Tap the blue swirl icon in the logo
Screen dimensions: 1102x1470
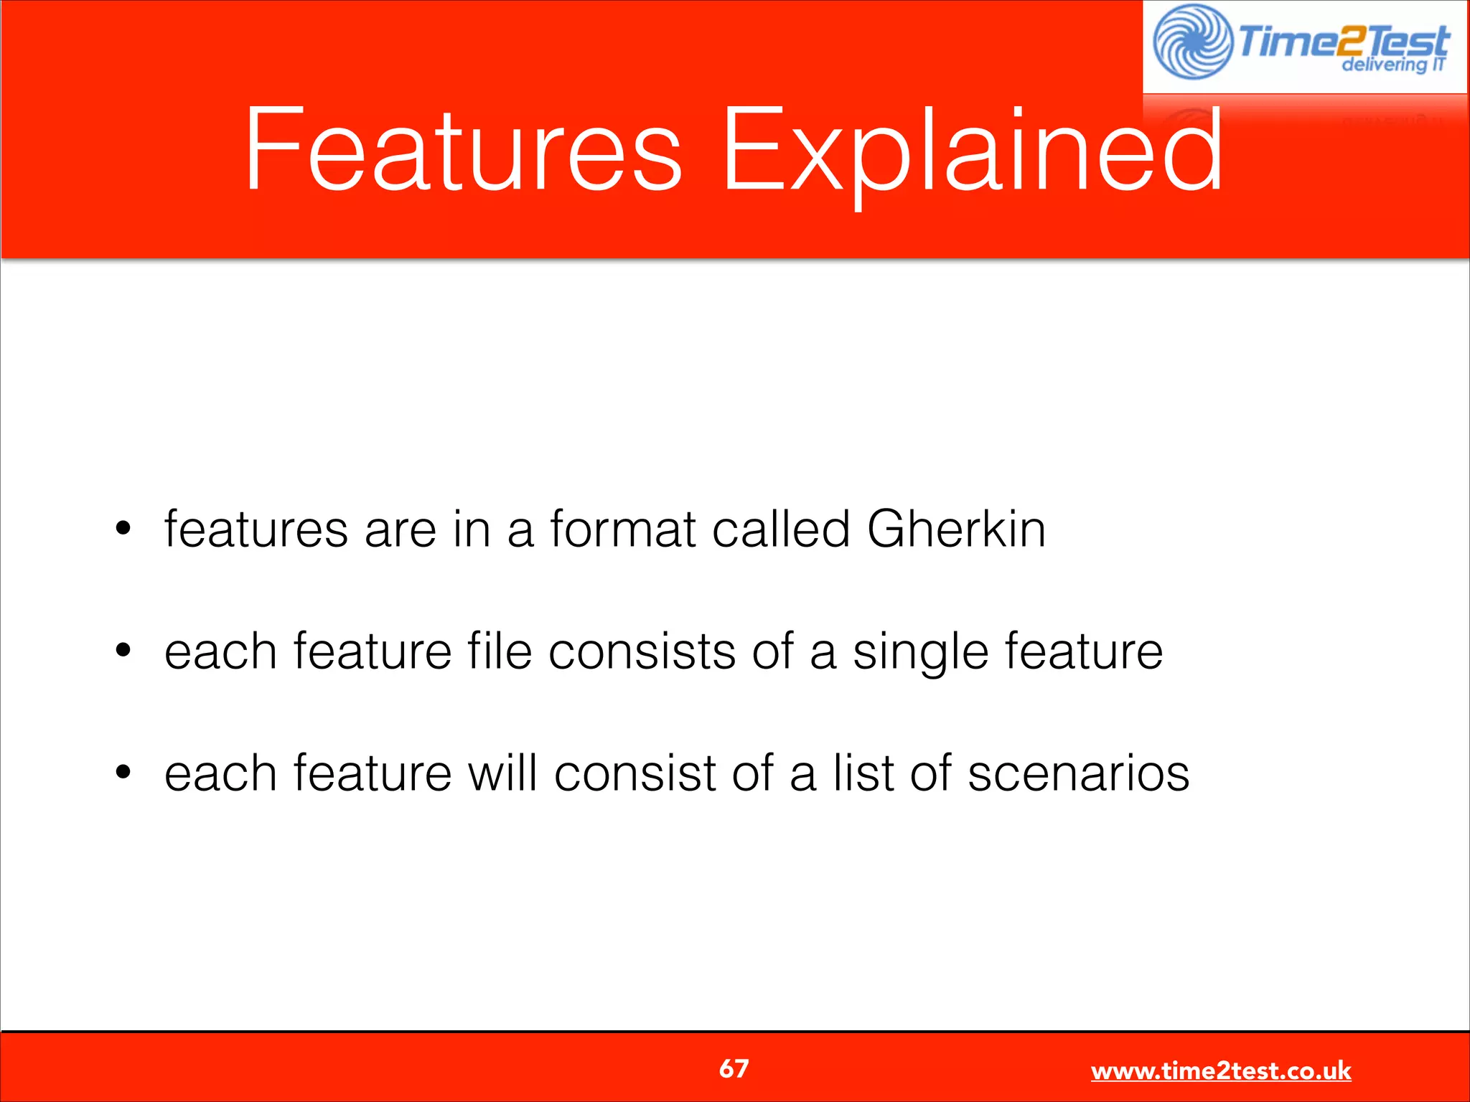click(1192, 42)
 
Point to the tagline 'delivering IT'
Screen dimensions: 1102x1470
click(1392, 65)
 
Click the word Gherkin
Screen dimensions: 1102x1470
click(956, 529)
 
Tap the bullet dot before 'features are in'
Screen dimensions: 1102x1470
click(123, 529)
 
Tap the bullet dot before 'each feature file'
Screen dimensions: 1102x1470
click(123, 651)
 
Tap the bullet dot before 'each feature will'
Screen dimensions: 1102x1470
click(123, 773)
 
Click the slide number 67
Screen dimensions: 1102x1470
click(734, 1069)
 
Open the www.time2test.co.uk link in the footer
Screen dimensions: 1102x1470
click(1221, 1071)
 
